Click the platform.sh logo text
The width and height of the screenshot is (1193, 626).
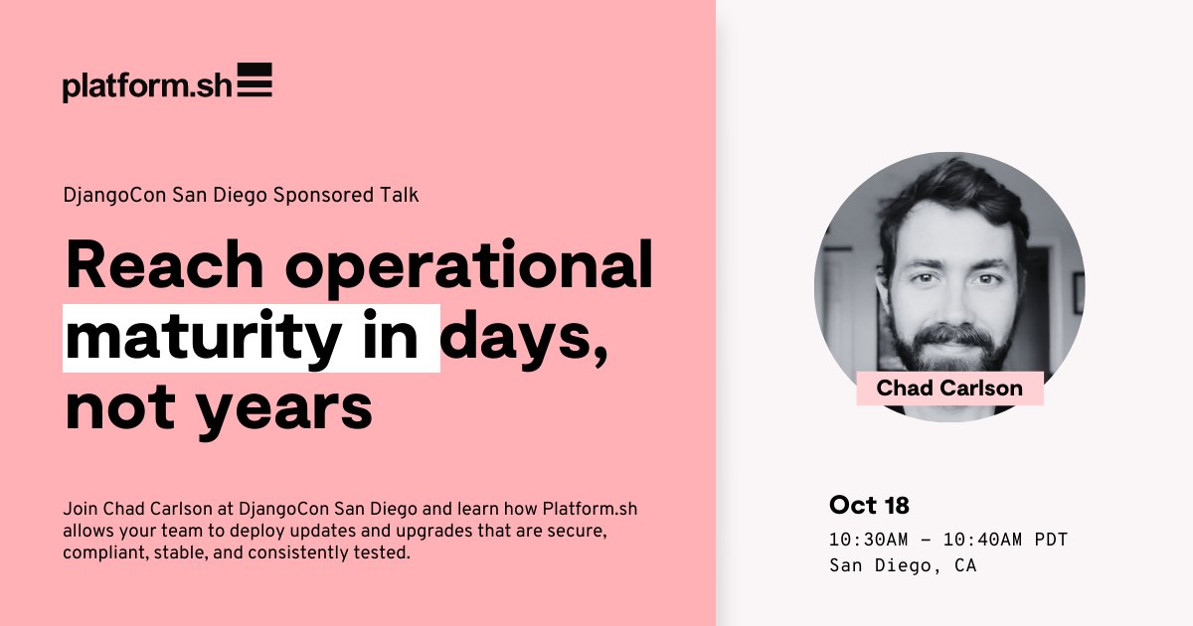(x=146, y=86)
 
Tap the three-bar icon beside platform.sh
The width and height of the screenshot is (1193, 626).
(x=256, y=79)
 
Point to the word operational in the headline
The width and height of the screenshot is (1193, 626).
(x=464, y=267)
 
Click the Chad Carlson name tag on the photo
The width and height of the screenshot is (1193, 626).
(x=949, y=389)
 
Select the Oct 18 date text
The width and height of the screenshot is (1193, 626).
(x=869, y=505)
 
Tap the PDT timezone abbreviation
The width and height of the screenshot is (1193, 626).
(x=1052, y=540)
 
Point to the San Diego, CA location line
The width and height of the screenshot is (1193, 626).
(x=903, y=565)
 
